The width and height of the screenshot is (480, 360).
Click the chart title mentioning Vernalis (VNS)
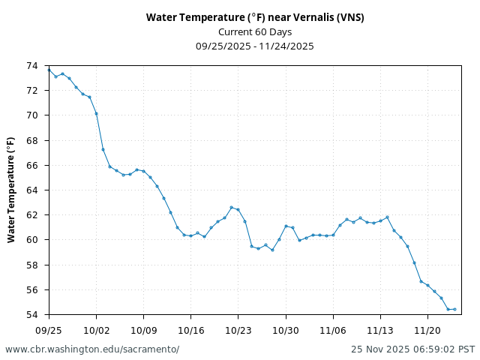[x=255, y=18]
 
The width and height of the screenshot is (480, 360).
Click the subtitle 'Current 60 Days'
[x=255, y=32]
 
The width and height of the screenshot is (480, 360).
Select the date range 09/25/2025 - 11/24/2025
[x=255, y=46]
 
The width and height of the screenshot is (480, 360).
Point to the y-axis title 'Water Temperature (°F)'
[x=11, y=190]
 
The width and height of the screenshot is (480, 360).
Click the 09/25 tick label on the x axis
[x=49, y=330]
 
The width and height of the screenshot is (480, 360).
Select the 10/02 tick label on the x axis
[x=96, y=330]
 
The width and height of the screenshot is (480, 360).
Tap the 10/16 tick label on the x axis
[x=190, y=330]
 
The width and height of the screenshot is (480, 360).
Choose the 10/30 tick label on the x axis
[x=286, y=330]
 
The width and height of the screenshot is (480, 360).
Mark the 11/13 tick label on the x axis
[x=380, y=330]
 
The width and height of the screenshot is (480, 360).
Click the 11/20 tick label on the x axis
[x=427, y=330]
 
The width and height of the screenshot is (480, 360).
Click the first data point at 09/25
[x=49, y=70]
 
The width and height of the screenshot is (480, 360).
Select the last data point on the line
[x=454, y=309]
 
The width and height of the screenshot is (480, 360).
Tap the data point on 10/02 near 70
[x=96, y=113]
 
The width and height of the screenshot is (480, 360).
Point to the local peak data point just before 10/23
[x=232, y=207]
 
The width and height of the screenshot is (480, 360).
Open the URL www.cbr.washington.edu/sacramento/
[x=92, y=349]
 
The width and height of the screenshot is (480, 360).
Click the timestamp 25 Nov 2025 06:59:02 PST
[x=412, y=349]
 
